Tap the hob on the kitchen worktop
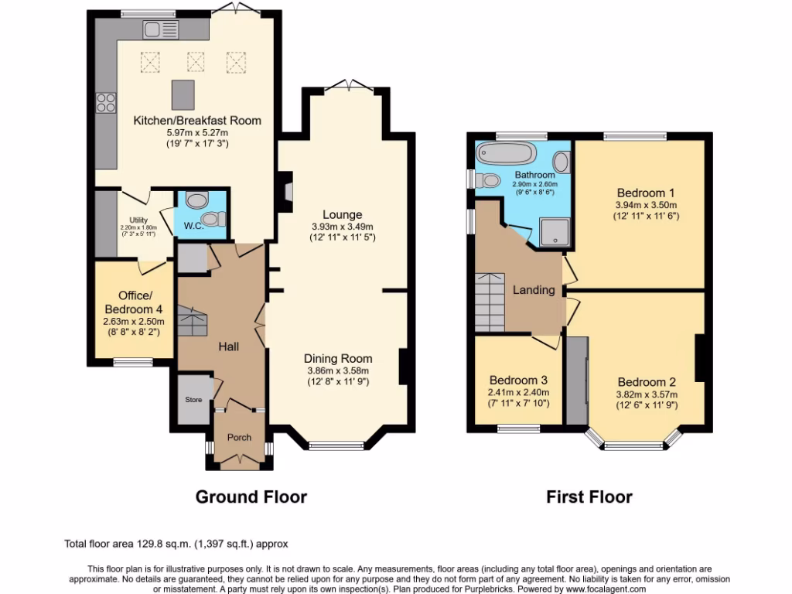point(105,104)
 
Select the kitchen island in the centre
point(183,94)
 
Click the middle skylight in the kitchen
point(196,60)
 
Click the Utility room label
point(138,220)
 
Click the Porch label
point(239,437)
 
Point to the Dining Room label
point(337,358)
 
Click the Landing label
point(534,290)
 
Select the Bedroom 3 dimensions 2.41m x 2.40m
point(518,393)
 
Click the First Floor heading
point(589,497)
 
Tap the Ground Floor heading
point(251,497)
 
